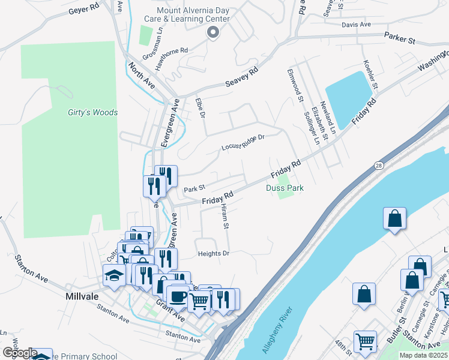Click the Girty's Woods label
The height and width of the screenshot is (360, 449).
click(92, 112)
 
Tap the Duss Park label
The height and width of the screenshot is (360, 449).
click(285, 188)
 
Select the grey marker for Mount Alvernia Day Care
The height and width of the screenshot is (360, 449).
click(211, 32)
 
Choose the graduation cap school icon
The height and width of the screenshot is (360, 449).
click(113, 275)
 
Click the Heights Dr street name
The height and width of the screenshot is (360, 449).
click(213, 254)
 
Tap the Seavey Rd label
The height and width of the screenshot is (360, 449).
click(241, 77)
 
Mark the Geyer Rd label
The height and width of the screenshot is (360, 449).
click(83, 10)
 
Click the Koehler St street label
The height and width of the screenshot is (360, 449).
click(370, 75)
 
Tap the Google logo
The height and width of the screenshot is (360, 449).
click(19, 353)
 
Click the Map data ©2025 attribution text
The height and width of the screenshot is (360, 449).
click(423, 355)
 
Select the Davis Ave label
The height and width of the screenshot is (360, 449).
click(357, 25)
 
